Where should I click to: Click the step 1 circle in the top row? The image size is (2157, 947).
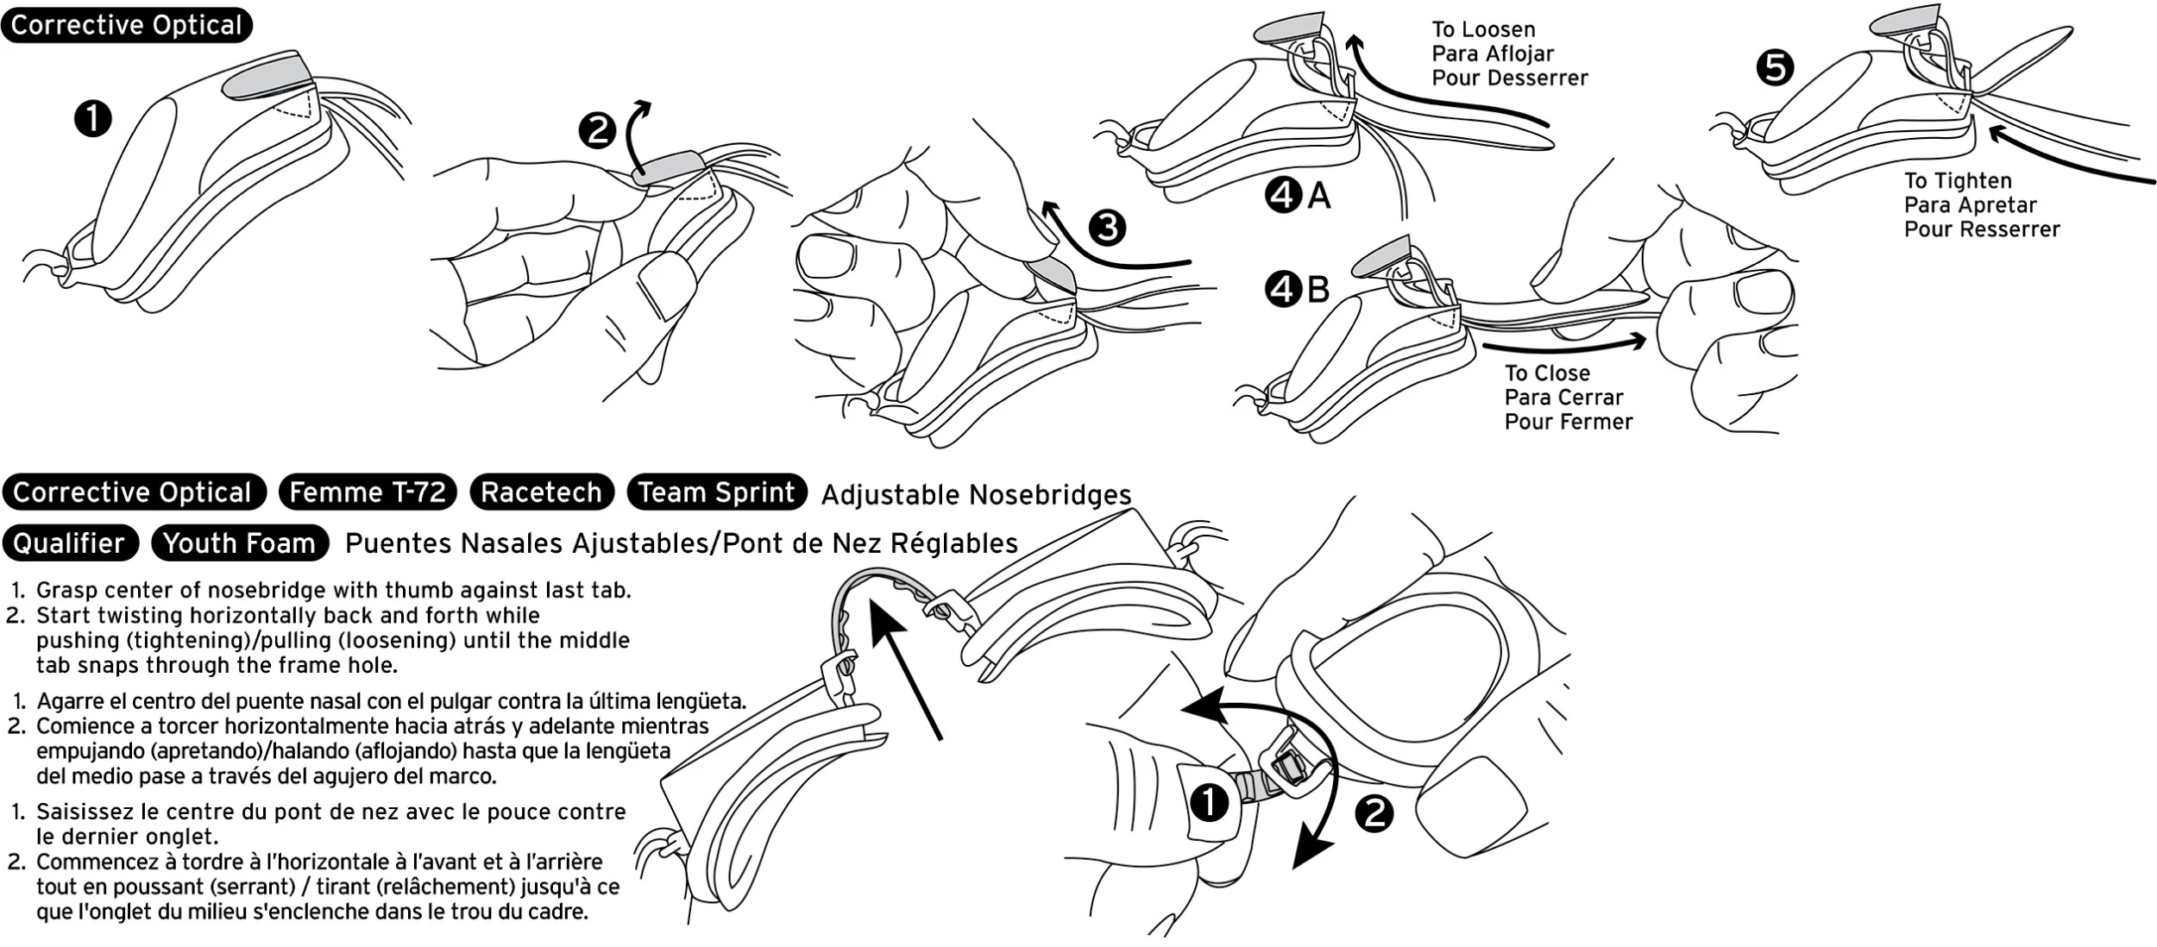93,118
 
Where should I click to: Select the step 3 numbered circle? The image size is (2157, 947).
1107,228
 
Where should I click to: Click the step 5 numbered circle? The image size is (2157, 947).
1775,68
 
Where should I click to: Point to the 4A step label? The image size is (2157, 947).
1298,198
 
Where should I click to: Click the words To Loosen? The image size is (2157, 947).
1483,29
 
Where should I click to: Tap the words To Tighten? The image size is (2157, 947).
1958,181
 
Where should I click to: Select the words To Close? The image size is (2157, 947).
1547,373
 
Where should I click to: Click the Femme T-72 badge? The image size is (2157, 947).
368,492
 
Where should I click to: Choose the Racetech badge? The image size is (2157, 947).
541,492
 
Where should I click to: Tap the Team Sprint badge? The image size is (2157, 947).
716,492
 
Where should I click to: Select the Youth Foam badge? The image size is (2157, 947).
239,542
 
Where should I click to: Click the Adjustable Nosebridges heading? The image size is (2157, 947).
976,495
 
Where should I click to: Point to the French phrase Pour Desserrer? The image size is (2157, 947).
1509,78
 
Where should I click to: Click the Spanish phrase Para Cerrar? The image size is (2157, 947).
1563,398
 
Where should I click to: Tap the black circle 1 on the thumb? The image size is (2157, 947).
1210,803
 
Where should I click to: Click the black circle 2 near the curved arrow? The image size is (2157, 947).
1374,813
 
